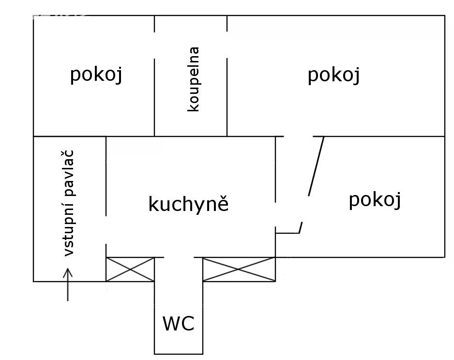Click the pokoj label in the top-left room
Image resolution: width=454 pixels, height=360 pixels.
[x=96, y=75]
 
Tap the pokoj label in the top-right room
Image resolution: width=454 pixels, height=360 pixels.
[x=334, y=75]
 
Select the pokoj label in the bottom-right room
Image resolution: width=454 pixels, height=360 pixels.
[x=375, y=200]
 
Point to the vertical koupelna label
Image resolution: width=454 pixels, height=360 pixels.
[x=194, y=79]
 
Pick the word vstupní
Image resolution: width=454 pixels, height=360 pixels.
[x=69, y=228]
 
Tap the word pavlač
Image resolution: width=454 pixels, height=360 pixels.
[x=69, y=173]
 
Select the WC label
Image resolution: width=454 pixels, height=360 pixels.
[x=178, y=324]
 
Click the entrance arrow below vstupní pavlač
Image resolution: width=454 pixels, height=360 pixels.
[x=68, y=285]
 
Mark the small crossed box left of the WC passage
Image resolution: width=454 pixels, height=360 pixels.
[x=130, y=270]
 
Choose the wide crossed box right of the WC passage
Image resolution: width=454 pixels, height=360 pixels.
[x=239, y=270]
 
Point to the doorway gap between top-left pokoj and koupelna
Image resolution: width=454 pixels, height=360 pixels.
[x=154, y=45]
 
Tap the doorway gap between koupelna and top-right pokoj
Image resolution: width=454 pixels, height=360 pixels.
[x=227, y=45]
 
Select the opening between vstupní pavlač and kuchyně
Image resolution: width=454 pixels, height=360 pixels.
[x=106, y=230]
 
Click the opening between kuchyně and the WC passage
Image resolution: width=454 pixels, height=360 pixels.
[x=179, y=257]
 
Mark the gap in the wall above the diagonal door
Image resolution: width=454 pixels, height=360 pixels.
[x=299, y=136]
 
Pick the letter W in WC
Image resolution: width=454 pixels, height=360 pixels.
[x=171, y=324]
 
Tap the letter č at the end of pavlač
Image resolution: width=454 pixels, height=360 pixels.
[x=69, y=154]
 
